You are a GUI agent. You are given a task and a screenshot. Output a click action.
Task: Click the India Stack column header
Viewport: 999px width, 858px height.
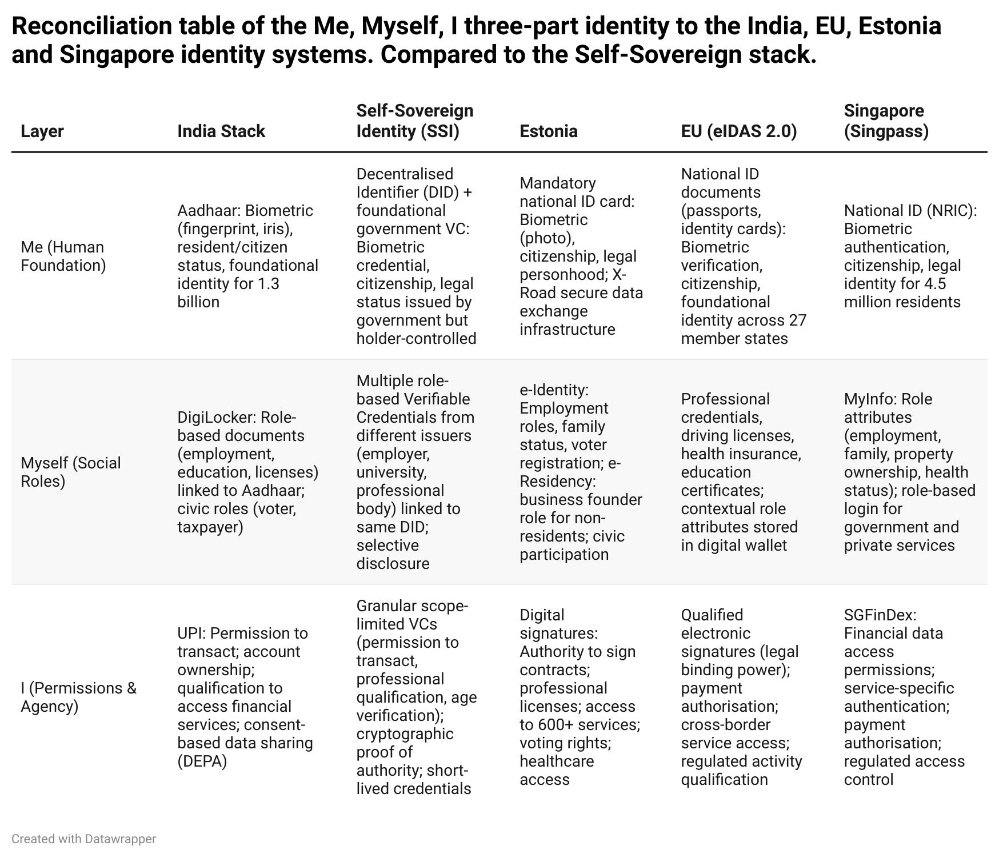pyautogui.click(x=221, y=131)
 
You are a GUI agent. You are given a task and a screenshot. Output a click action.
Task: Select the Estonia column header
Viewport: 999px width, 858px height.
pyautogui.click(x=549, y=131)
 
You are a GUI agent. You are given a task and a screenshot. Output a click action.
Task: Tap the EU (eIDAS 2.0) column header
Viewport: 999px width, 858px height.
pyautogui.click(x=738, y=131)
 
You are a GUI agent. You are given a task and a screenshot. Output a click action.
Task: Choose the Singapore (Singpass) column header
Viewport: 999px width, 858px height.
pyautogui.click(x=886, y=121)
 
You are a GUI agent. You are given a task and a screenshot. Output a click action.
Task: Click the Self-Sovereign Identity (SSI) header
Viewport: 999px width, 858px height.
pyautogui.click(x=414, y=121)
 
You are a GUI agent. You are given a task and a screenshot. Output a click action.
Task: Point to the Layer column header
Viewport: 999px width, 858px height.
pyautogui.click(x=42, y=131)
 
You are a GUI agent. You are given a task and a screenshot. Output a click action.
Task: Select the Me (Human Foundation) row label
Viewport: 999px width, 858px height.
pyautogui.click(x=63, y=256)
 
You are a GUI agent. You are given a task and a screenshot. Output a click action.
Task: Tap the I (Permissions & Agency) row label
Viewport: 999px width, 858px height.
pyautogui.click(x=78, y=697)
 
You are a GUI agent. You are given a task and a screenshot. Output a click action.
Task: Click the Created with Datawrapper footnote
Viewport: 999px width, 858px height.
pyautogui.click(x=83, y=839)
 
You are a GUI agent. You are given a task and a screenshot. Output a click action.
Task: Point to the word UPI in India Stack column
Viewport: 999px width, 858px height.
pyautogui.click(x=190, y=634)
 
